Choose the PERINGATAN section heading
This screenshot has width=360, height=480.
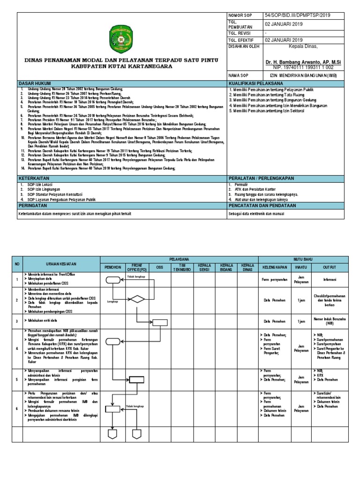[31, 205]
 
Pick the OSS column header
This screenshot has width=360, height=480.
[160, 267]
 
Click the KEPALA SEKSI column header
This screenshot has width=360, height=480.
[205, 267]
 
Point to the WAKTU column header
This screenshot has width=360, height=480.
[298, 267]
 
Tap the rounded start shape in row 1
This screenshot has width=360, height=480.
[113, 280]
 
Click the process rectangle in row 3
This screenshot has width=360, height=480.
[160, 322]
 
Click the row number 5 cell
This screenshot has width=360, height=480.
[17, 380]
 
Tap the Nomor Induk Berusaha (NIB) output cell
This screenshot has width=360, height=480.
[329, 322]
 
